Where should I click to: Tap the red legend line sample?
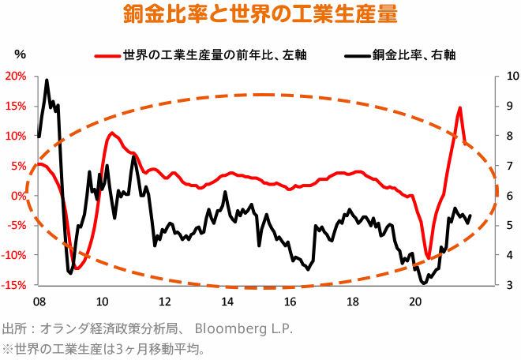coord(107,55)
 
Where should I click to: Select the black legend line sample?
coord(357,55)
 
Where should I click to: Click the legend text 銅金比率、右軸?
coord(414,55)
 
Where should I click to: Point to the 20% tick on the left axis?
coord(16,77)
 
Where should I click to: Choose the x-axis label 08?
coord(39,302)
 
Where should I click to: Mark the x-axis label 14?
coord(227,302)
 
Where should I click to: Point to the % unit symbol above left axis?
coord(21,54)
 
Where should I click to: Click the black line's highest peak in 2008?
coord(47,80)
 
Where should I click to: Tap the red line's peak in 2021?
coord(459,108)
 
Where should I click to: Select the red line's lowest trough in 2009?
coord(77,268)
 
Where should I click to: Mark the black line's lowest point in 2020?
coord(424,283)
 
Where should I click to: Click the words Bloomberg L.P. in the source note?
coord(243,328)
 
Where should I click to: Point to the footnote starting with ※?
coord(103,347)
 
